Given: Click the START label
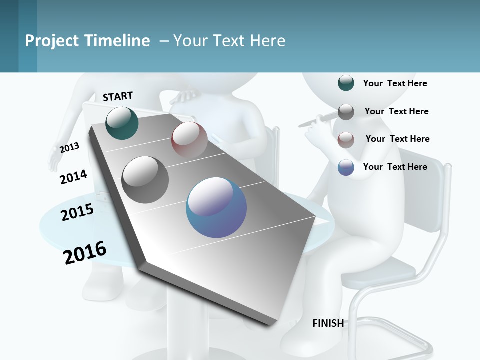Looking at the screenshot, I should tap(118, 96).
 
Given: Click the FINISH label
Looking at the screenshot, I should tap(328, 323).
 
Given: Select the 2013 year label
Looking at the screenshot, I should tap(69, 148).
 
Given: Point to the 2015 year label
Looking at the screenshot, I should tap(77, 212).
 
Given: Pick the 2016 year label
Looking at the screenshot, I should tap(85, 253).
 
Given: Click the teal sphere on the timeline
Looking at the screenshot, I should tap(122, 123).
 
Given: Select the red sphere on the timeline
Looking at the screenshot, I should tap(189, 140).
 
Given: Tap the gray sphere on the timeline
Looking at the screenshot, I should tap(145, 179).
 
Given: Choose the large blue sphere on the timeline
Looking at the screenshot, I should tap(216, 207).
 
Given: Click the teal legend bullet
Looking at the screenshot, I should tap(346, 83).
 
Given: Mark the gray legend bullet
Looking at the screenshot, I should tap(346, 112).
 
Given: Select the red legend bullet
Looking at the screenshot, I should tap(346, 140).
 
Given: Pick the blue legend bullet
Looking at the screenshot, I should tap(346, 168).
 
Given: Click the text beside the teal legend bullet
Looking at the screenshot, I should tap(395, 83).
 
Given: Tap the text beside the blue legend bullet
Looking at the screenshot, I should tap(395, 167).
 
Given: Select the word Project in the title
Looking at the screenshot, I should tap(52, 41).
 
